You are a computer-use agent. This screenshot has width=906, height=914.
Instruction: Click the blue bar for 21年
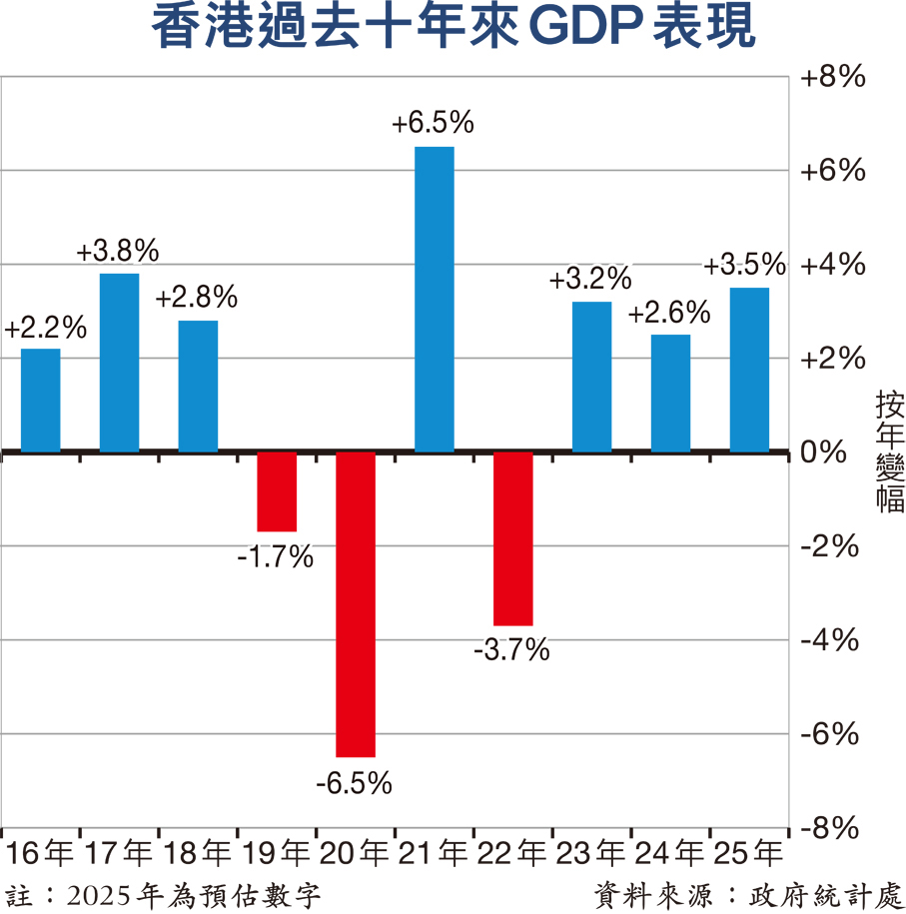coord(435,300)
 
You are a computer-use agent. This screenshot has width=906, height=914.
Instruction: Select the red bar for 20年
coord(356,604)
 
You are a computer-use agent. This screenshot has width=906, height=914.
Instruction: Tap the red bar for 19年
coord(277,491)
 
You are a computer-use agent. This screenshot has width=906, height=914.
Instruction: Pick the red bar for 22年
coord(513,538)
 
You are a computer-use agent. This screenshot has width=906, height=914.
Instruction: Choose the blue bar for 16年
coord(41,400)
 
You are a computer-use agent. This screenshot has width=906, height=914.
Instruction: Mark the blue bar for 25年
coord(749,370)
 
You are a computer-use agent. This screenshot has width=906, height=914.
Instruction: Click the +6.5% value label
coord(433,124)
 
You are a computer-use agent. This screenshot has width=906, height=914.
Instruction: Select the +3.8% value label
coord(118,251)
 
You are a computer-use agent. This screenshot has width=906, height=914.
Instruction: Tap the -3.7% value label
coord(511,651)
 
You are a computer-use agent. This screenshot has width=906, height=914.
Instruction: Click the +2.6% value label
coord(669,313)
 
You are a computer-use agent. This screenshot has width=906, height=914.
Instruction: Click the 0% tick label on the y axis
coord(824,453)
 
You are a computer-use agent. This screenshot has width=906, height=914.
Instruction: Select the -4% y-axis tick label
coord(829,640)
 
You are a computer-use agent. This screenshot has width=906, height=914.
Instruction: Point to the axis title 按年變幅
coord(888,452)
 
